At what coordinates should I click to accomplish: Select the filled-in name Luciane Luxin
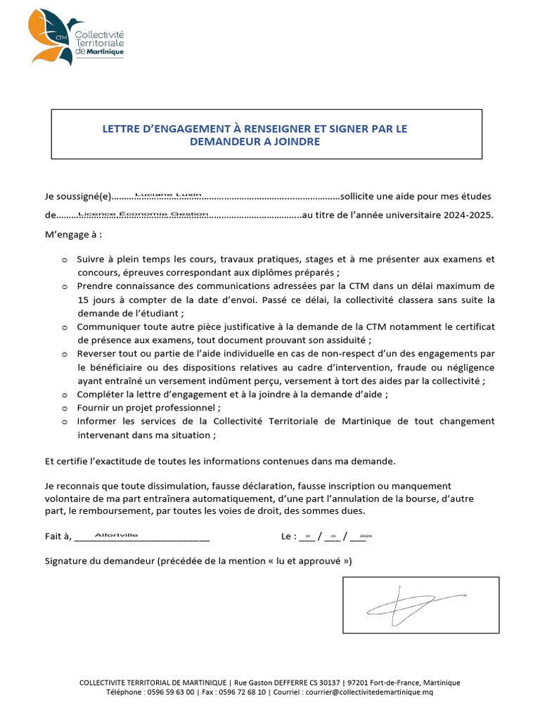tap(168, 194)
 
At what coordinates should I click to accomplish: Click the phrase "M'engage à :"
tap(68, 234)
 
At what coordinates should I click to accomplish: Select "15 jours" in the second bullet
tap(97, 300)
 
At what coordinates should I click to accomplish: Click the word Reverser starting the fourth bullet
tap(99, 354)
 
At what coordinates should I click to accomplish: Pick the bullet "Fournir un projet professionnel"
tap(148, 408)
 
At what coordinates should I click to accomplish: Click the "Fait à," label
tap(58, 536)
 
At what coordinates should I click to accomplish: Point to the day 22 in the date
tap(308, 536)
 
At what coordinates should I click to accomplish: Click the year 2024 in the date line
tap(365, 536)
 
